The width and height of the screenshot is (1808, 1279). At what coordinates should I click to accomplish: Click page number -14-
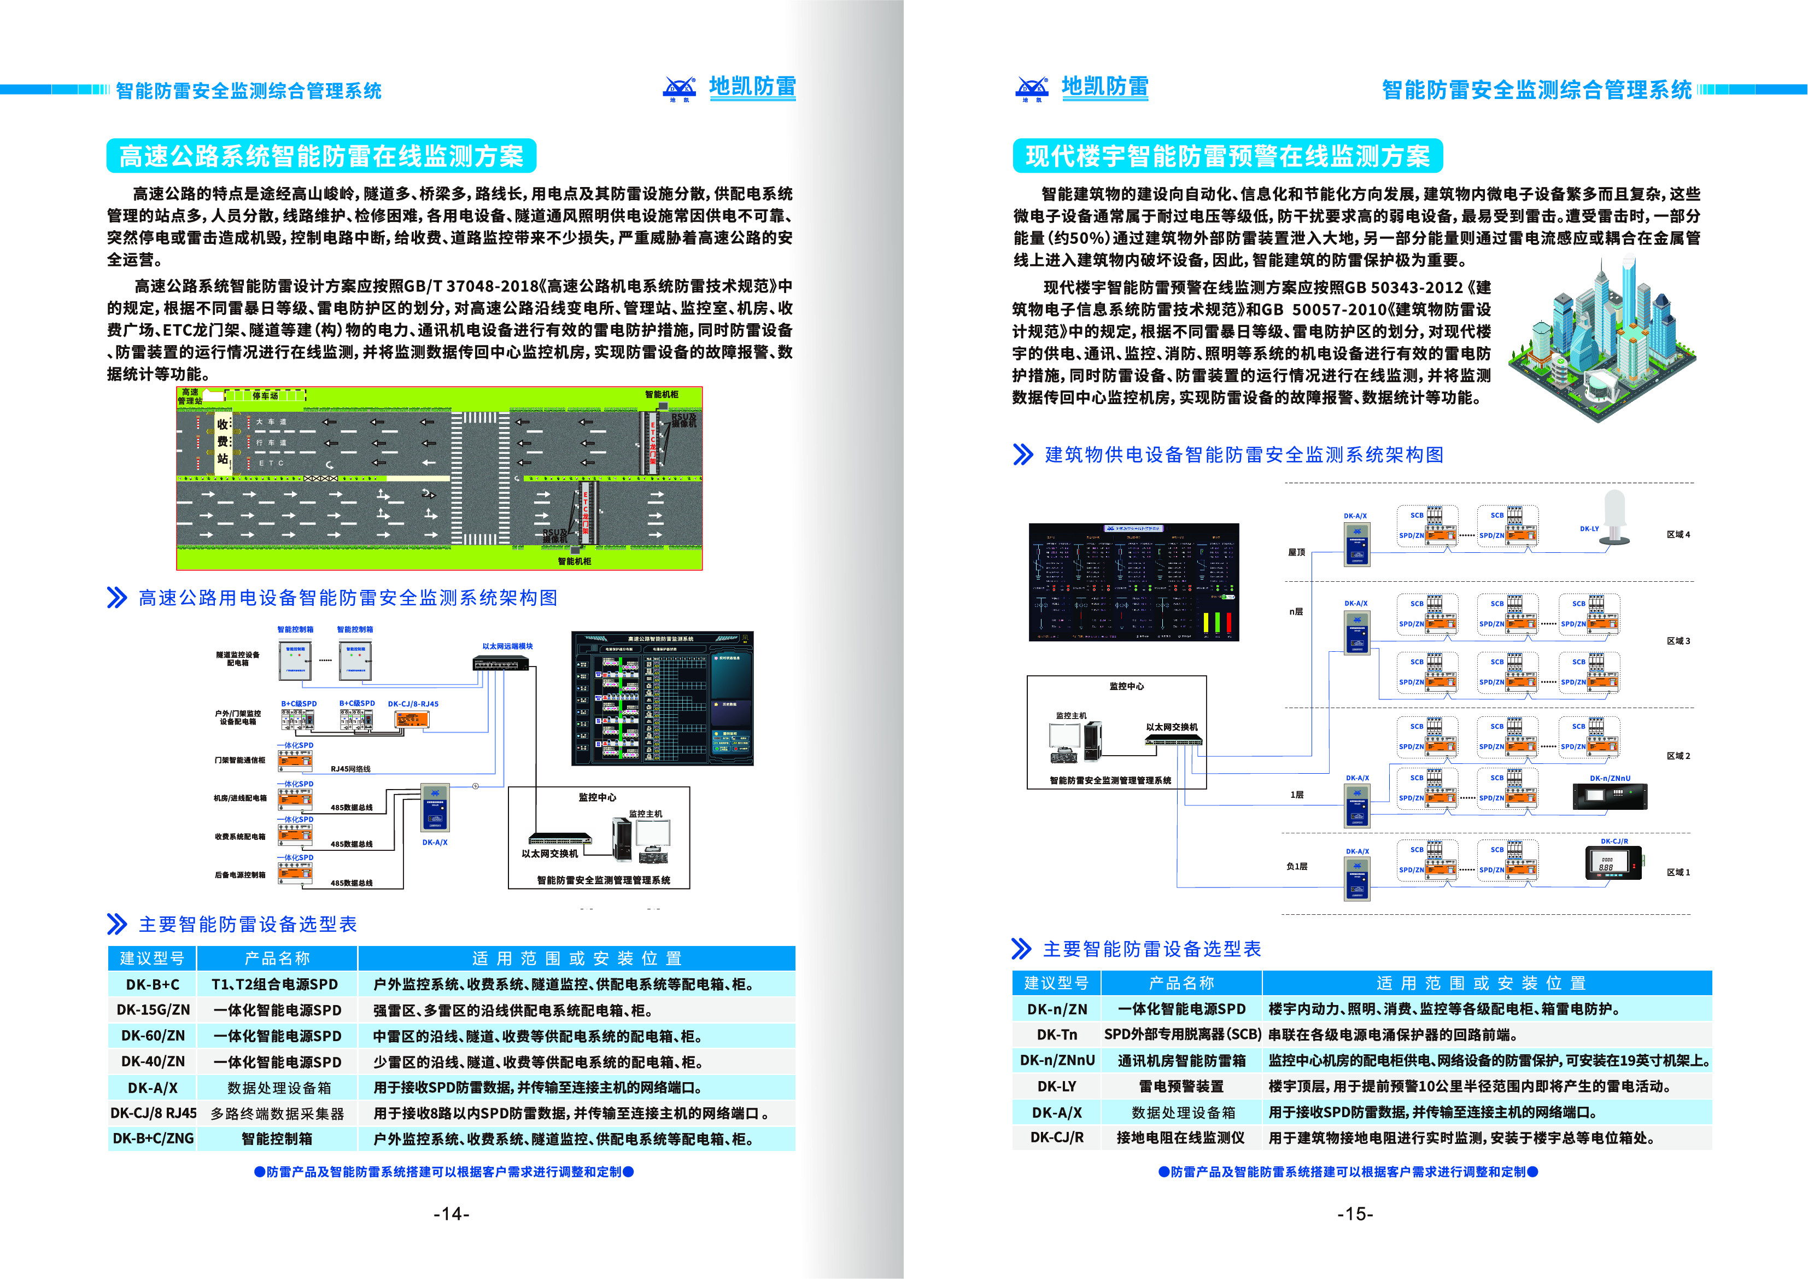click(451, 1213)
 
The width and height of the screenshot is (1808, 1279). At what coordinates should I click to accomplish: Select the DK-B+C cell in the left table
click(153, 984)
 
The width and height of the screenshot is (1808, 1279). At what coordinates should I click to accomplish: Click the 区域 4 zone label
click(1677, 535)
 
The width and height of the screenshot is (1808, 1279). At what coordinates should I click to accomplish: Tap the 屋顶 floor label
click(1296, 552)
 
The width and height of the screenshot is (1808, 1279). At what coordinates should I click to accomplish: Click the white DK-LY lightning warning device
click(1614, 516)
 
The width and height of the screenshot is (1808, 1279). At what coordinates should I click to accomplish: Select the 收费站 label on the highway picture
click(223, 442)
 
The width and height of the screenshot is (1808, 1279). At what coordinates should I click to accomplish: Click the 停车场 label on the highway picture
click(265, 395)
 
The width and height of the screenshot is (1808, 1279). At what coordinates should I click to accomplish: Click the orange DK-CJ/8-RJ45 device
click(412, 719)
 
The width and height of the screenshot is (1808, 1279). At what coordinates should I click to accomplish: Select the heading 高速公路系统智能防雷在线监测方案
click(321, 156)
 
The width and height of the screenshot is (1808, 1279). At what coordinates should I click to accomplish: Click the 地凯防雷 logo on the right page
click(1083, 88)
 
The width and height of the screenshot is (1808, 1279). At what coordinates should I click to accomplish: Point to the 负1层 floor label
click(1296, 866)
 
